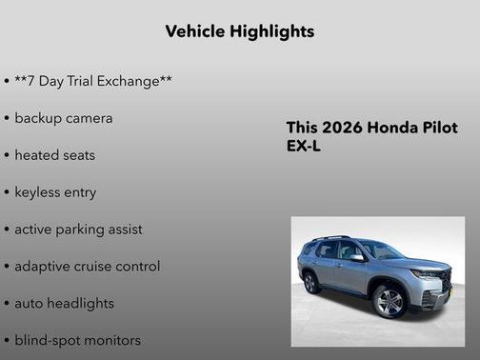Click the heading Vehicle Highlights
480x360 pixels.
pyautogui.click(x=239, y=31)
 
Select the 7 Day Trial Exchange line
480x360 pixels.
pyautogui.click(x=92, y=81)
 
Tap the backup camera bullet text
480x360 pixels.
pyautogui.click(x=63, y=118)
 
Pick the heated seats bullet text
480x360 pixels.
pyautogui.click(x=54, y=154)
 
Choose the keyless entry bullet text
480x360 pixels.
pyautogui.click(x=55, y=191)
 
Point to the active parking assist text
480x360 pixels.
pyautogui.click(x=78, y=229)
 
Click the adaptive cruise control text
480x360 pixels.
pyautogui.click(x=87, y=266)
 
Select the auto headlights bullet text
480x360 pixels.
pyautogui.click(x=64, y=303)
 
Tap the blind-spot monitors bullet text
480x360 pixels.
pyautogui.click(x=77, y=340)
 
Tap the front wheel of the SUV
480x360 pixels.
pyautogui.click(x=390, y=301)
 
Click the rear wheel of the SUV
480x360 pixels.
pyautogui.click(x=310, y=283)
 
